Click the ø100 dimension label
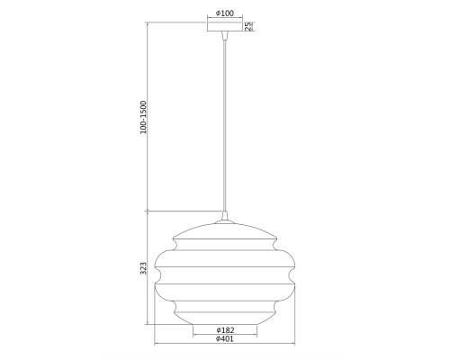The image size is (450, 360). pos(225,13)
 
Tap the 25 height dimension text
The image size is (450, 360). pos(248,26)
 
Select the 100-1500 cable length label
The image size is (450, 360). pos(144,117)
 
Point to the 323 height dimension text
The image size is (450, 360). pos(144,268)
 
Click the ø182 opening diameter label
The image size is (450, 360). pos(225,330)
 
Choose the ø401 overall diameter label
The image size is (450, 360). pos(225,339)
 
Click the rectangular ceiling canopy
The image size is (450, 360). pos(225,27)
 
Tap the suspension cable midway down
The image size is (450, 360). pos(225,124)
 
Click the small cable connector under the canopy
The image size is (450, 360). pos(225,35)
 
